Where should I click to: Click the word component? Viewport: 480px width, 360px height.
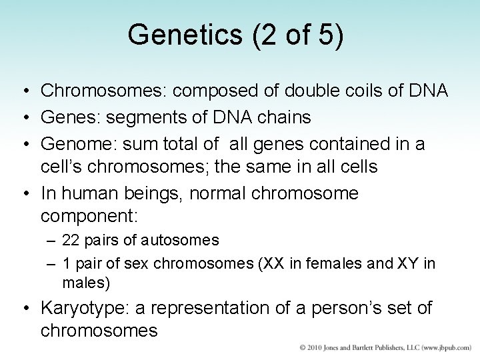pyautogui.click(x=89, y=215)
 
